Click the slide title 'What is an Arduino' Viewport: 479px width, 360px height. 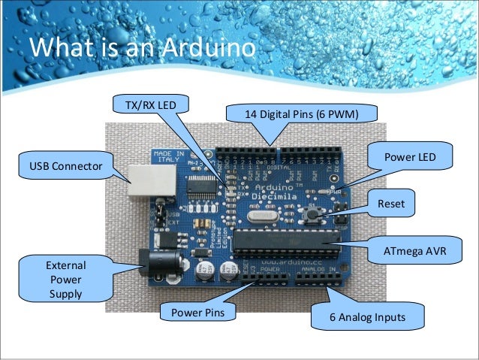coord(142,50)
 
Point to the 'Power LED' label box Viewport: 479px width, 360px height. coord(410,157)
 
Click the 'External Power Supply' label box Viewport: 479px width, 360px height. coord(66,279)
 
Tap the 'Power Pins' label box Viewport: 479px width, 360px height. coord(194,311)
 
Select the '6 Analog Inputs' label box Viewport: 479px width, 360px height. coord(368,317)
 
